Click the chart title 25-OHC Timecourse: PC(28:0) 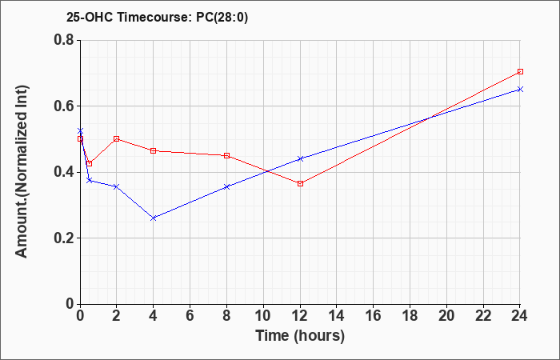157,18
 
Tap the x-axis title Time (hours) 300,336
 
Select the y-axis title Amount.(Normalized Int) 22,171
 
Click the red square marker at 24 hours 520,71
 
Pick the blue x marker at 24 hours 520,89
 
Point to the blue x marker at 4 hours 154,218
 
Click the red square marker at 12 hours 300,183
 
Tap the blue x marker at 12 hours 300,158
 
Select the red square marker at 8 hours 226,156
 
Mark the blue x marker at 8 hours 226,186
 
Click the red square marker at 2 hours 117,138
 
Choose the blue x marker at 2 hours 117,186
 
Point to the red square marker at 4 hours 154,150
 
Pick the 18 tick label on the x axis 410,316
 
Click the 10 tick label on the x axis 263,316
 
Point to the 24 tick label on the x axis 520,316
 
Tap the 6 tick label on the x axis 190,316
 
